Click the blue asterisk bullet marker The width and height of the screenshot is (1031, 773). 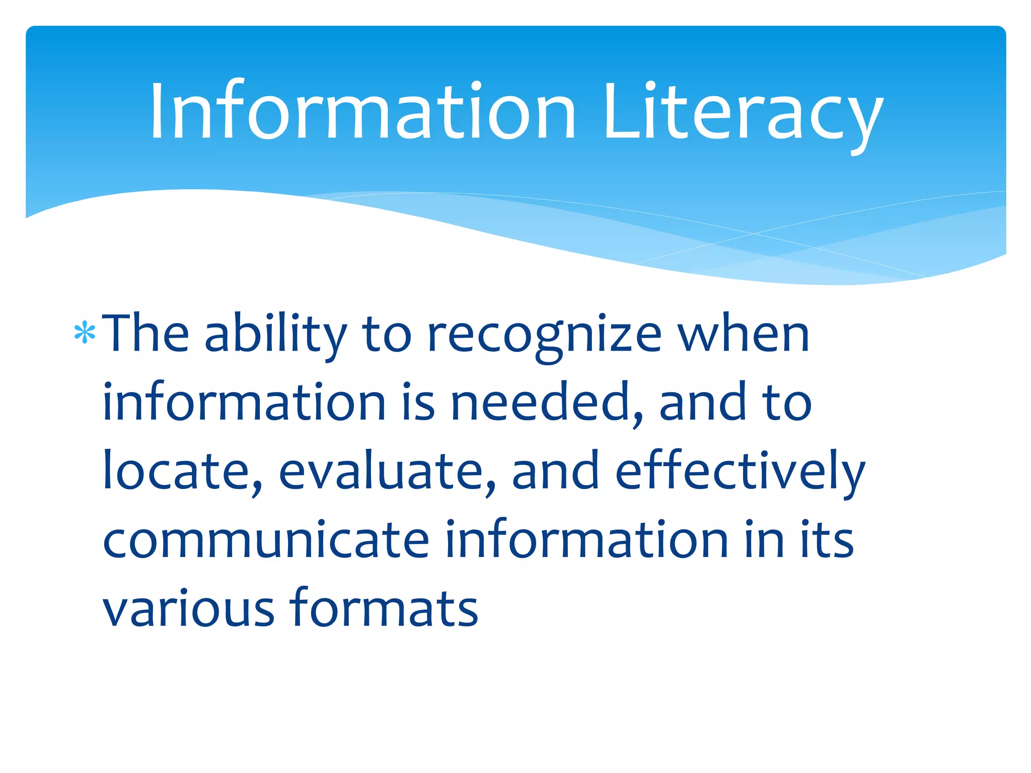click(x=85, y=334)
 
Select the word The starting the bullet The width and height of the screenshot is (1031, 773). click(x=145, y=334)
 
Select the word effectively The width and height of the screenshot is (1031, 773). click(x=740, y=472)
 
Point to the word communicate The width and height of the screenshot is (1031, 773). click(x=266, y=541)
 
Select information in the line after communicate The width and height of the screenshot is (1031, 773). click(x=587, y=541)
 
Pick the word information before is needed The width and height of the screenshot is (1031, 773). click(x=244, y=403)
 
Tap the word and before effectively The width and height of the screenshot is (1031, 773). click(x=556, y=472)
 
